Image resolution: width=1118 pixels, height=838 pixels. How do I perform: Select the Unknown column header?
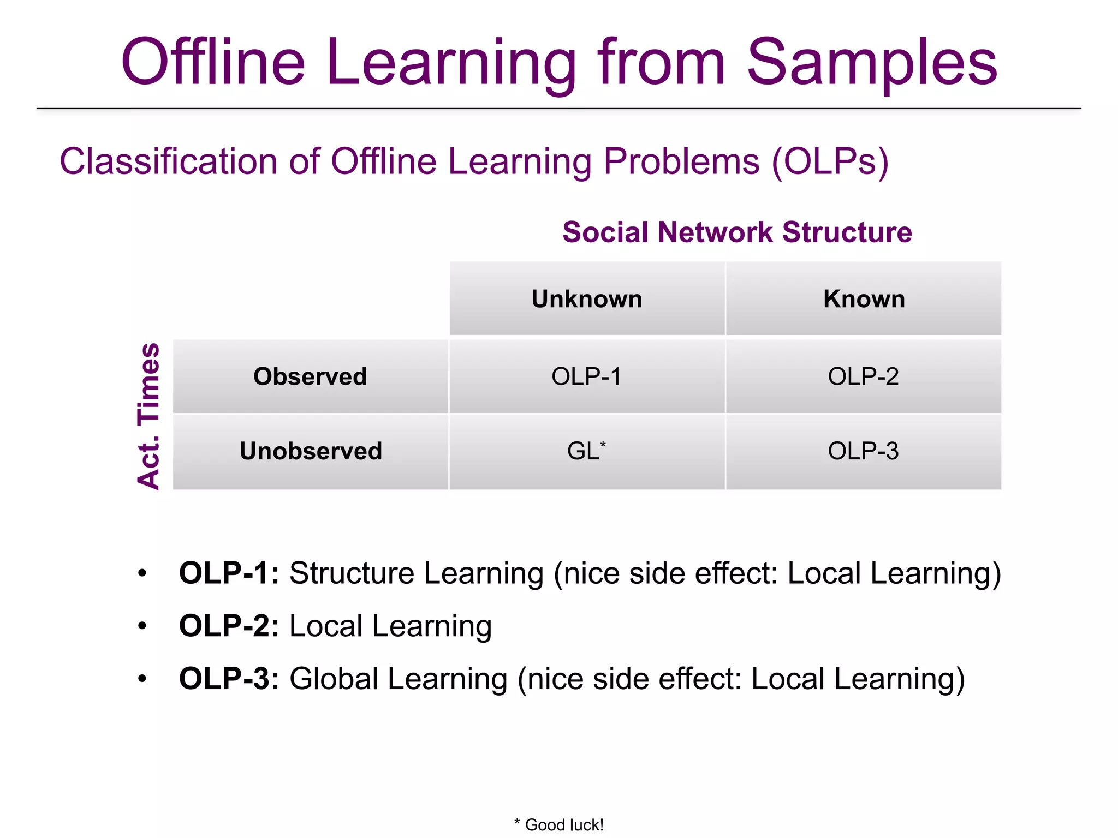pos(587,299)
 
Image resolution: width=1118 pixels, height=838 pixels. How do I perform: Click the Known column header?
pos(864,299)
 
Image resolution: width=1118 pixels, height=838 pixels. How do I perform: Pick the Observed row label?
pos(310,376)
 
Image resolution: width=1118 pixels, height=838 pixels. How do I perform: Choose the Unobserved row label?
pos(311,451)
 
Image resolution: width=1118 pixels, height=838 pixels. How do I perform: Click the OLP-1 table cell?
pos(586,376)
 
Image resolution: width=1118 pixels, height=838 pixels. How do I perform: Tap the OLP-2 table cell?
pos(863,376)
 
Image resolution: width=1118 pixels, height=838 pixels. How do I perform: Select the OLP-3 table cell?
pos(863,451)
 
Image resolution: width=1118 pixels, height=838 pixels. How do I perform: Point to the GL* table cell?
pos(586,451)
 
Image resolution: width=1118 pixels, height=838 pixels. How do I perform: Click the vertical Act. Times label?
pos(148,416)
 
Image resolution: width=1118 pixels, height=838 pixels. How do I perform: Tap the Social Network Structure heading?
pos(737,232)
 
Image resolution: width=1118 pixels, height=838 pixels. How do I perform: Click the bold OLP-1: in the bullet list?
pos(229,573)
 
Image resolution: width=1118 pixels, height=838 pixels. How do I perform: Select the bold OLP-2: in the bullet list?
pos(229,626)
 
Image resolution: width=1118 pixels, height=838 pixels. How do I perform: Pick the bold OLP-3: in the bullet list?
pos(229,679)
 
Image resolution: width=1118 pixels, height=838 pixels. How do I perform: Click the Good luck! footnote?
pos(559,824)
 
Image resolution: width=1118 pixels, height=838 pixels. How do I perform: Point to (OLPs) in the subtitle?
pos(830,161)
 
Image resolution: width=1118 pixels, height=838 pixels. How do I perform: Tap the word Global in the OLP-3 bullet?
pos(334,679)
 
